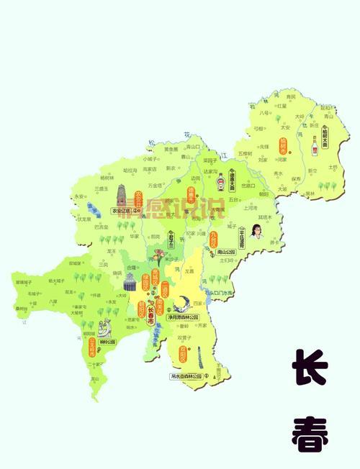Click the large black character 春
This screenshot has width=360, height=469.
point(310,432)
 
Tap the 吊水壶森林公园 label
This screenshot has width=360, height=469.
point(184,376)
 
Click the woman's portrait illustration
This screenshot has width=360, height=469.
point(256,234)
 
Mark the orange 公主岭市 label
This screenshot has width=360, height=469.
point(92,349)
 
